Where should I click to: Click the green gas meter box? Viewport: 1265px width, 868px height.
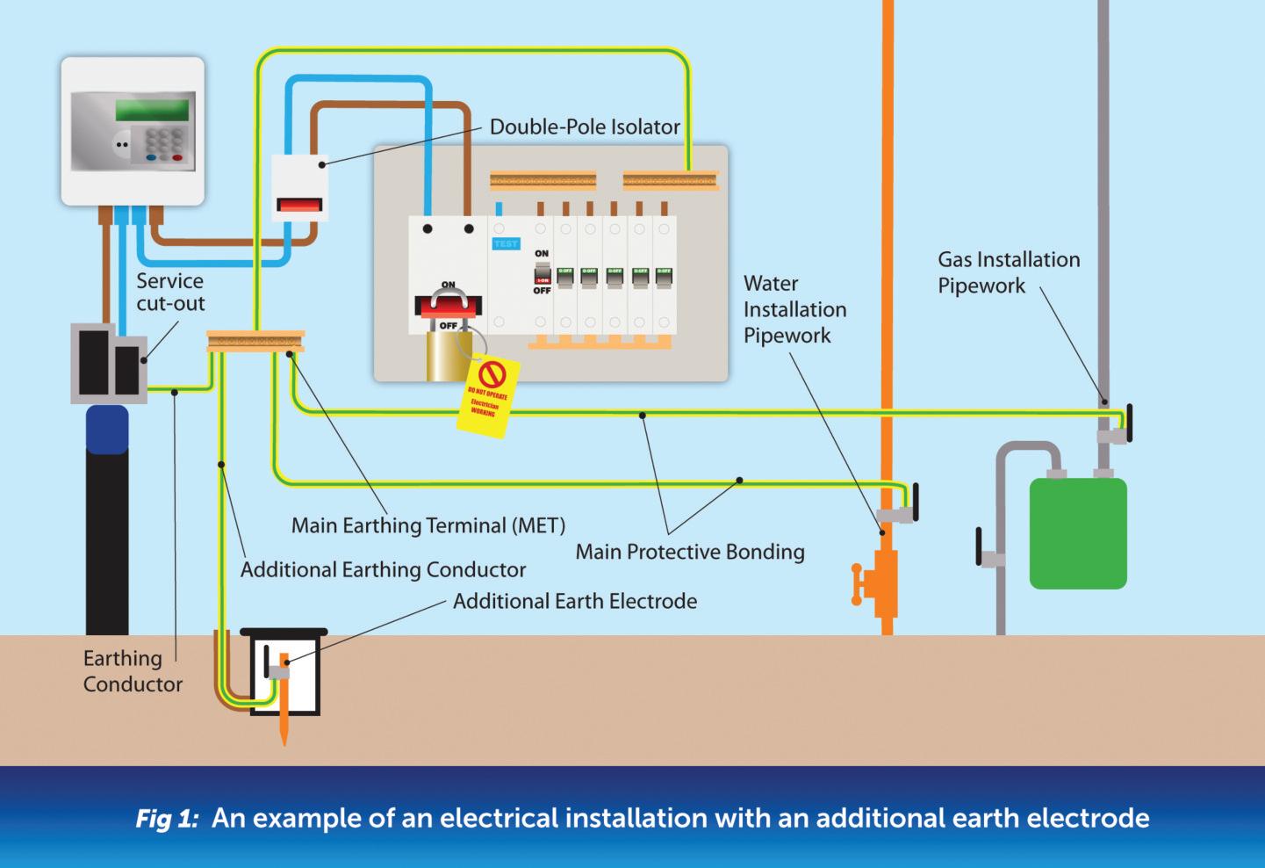click(x=1077, y=532)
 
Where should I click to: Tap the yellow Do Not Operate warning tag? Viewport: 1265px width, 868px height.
click(x=488, y=395)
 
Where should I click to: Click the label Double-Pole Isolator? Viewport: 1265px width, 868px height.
click(x=585, y=127)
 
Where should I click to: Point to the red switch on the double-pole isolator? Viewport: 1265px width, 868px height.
click(x=298, y=206)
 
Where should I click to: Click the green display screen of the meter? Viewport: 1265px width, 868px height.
click(x=152, y=110)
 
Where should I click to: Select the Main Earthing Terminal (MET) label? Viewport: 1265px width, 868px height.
click(x=428, y=525)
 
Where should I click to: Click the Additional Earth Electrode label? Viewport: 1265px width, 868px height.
click(x=575, y=602)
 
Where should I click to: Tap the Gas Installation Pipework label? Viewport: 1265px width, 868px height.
click(x=1008, y=272)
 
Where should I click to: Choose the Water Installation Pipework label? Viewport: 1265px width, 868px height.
click(x=794, y=309)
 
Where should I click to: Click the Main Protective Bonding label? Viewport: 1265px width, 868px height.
click(x=690, y=552)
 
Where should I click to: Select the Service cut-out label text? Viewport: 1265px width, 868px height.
click(x=170, y=293)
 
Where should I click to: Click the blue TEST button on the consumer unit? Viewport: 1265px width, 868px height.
click(x=506, y=243)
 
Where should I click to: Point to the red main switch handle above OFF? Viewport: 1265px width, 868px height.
click(x=448, y=304)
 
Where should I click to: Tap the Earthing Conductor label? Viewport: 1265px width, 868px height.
click(x=132, y=671)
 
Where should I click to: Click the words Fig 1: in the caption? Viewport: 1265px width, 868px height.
click(x=168, y=819)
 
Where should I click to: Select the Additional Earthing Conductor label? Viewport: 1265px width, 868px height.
click(x=383, y=569)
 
